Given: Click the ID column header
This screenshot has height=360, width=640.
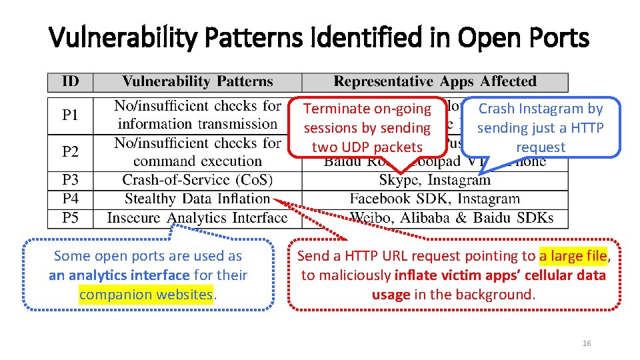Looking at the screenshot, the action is point(70,82).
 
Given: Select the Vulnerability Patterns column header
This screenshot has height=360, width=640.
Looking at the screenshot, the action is point(197,82).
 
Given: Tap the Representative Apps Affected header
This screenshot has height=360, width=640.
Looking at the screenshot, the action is point(435,82).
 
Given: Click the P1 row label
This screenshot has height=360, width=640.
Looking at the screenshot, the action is point(70,115).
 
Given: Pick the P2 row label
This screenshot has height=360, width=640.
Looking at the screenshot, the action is point(70,152).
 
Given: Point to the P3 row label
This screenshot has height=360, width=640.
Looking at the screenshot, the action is point(70,181).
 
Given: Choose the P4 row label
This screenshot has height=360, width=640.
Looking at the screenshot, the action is point(70,199).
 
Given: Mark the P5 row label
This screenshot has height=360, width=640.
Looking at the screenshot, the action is point(70,217).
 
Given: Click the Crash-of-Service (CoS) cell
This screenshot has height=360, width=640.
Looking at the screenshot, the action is point(197,181).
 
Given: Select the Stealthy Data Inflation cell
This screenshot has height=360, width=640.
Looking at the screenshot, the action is point(197,199).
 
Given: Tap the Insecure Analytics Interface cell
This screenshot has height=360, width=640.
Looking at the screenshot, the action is point(197,218).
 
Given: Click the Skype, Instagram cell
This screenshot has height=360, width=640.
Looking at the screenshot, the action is point(435,181).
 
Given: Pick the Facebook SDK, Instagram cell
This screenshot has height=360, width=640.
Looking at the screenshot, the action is point(435,199).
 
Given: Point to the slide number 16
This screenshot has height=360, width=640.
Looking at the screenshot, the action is point(587,343).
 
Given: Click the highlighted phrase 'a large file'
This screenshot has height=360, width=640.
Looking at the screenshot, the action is point(573,256).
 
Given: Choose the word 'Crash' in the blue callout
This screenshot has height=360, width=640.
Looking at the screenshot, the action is point(497,109).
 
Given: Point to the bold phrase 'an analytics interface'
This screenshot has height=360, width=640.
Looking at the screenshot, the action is point(119,275).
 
